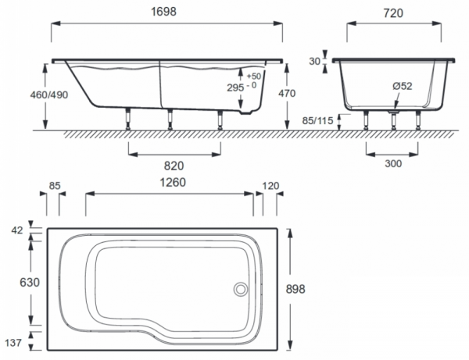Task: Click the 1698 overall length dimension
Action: click(x=163, y=12)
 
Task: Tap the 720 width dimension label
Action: click(x=393, y=13)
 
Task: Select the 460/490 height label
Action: click(x=49, y=95)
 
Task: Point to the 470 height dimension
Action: click(x=287, y=94)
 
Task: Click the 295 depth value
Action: click(x=235, y=87)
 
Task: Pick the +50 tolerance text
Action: click(x=253, y=77)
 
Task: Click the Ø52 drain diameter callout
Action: click(x=403, y=86)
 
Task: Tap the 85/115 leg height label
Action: click(x=317, y=121)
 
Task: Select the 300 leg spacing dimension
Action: click(x=393, y=164)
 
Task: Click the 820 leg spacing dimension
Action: click(x=174, y=166)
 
